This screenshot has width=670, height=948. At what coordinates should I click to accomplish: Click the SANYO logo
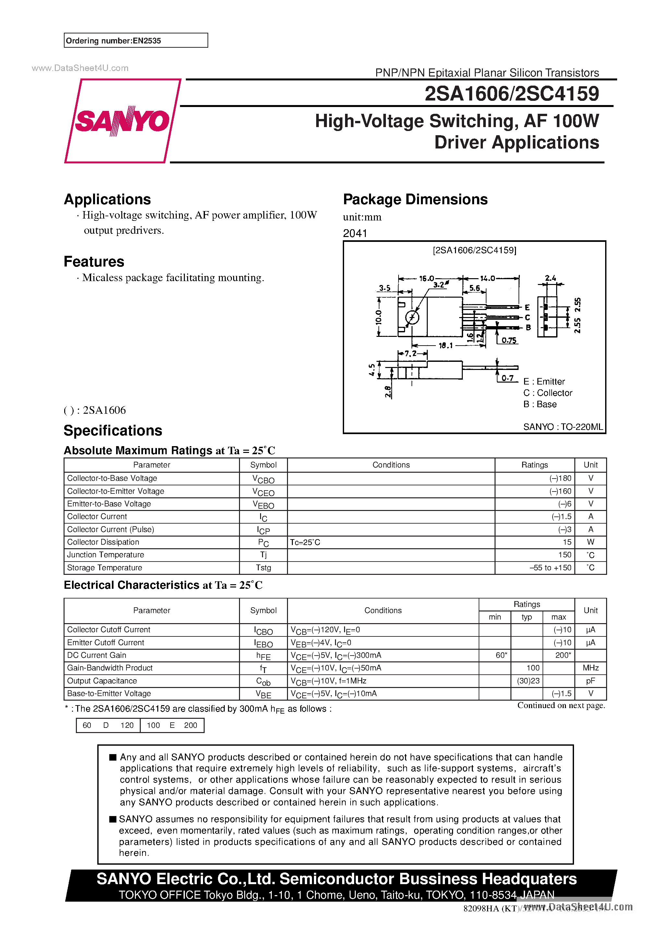[122, 121]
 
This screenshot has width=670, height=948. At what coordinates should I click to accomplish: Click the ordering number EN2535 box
[136, 41]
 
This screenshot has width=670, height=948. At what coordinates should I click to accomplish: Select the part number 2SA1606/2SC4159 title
[511, 94]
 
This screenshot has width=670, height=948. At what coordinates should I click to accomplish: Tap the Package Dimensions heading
[415, 199]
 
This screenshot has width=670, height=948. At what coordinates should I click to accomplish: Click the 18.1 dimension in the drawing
[445, 346]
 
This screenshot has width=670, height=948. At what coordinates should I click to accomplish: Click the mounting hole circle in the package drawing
[412, 317]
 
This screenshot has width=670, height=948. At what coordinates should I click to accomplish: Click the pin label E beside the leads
[527, 307]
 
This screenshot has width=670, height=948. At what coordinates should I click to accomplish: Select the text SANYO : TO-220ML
[563, 427]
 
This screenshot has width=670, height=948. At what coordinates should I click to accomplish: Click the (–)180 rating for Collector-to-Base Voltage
[560, 478]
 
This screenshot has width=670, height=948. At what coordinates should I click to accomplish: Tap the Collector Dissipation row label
[103, 542]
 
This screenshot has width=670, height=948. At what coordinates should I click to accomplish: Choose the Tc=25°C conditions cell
[305, 542]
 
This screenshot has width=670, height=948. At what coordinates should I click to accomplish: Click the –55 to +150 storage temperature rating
[550, 568]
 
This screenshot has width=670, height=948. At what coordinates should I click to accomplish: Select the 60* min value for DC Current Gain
[501, 655]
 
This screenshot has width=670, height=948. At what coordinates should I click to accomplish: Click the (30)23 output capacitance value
[528, 681]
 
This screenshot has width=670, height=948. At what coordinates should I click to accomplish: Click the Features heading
[94, 262]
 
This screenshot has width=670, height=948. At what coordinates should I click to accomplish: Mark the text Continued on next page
[561, 705]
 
